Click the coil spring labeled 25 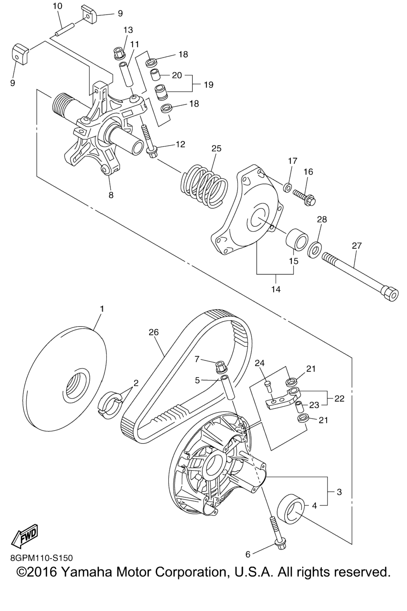(x=204, y=183)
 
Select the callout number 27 (x=356, y=246)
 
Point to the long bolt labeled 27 (x=360, y=276)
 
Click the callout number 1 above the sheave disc (x=102, y=309)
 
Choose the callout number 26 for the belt (x=153, y=332)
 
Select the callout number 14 (x=276, y=289)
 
